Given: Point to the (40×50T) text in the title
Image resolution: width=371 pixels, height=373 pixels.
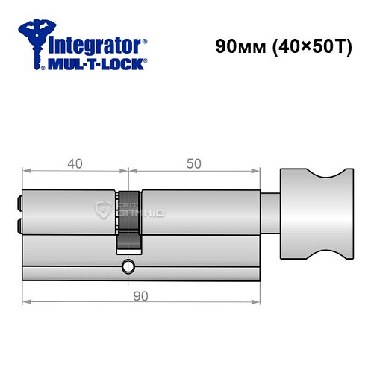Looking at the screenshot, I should [305, 46].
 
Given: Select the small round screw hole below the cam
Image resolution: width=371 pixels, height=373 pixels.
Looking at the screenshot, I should [128, 265].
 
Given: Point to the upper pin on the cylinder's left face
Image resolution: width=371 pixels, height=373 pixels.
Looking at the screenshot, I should [19, 201].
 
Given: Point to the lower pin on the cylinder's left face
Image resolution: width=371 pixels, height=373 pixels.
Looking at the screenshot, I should [19, 223].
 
